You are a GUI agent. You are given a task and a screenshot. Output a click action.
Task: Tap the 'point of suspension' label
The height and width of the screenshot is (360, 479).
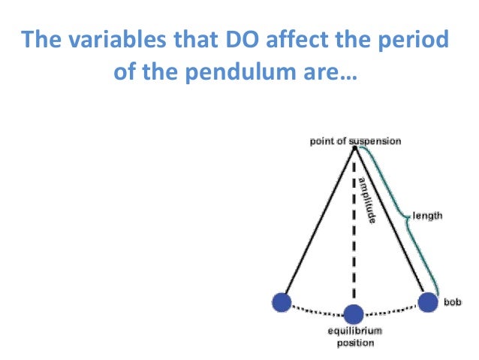coord(355,141)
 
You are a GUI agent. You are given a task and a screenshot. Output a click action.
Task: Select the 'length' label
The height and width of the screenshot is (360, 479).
coord(428,216)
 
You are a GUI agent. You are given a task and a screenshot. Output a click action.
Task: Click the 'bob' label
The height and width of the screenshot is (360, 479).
coord(453,299)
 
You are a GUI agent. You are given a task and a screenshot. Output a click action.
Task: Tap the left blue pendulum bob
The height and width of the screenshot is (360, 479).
coord(282,302)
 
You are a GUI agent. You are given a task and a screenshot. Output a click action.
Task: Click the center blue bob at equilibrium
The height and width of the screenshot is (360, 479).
coord(353,313)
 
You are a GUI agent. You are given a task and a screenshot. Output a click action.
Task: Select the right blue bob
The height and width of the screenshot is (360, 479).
coord(428,302)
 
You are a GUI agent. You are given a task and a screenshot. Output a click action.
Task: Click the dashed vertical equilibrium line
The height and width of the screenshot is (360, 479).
coord(353,241)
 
